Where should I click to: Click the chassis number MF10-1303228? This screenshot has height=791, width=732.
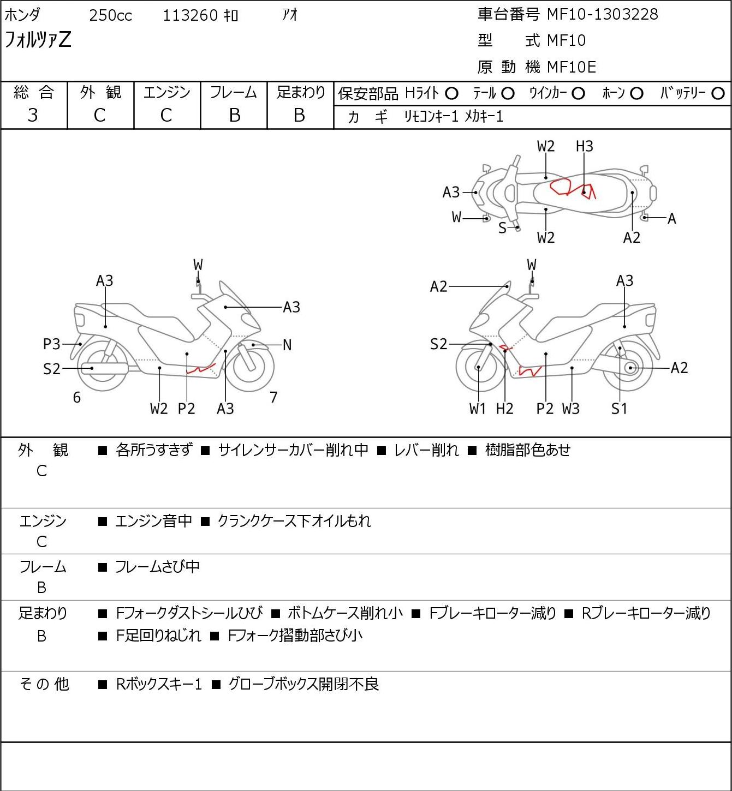tap(602, 14)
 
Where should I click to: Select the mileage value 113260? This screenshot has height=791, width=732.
tap(191, 15)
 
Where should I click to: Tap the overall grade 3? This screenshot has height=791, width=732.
tap(33, 115)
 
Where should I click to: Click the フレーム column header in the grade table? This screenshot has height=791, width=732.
tap(234, 92)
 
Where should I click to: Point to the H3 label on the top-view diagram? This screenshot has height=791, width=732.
tap(584, 146)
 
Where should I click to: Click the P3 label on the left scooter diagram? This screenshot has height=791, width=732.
tap(52, 344)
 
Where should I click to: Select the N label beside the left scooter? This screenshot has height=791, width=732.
tap(287, 345)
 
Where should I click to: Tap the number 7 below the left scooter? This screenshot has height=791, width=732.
tap(274, 398)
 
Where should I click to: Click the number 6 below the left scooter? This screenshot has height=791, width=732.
tap(77, 398)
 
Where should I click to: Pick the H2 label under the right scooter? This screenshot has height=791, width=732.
tap(505, 409)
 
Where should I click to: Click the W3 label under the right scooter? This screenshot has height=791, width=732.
tap(571, 409)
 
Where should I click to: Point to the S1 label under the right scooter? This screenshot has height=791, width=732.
tap(620, 409)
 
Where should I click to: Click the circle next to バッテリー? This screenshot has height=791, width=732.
tap(718, 94)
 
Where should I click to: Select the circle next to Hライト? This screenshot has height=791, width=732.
tap(451, 94)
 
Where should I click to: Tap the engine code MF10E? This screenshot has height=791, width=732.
tap(572, 67)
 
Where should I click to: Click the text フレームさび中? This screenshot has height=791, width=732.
tap(157, 567)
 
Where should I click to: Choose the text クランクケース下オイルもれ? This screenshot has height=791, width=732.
tap(294, 521)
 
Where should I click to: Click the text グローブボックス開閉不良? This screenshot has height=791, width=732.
tap(303, 684)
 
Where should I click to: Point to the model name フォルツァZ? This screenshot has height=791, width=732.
tap(38, 40)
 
